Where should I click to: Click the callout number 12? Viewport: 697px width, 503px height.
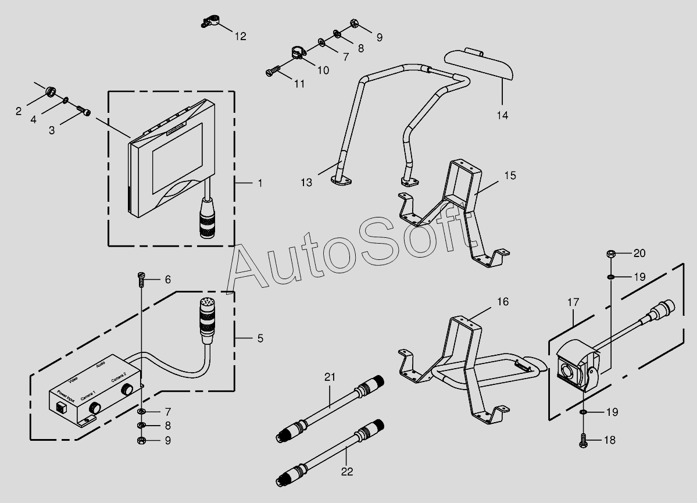[241, 37]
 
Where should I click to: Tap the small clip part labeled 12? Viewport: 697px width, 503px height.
[210, 22]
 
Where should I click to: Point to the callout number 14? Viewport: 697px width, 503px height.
[503, 115]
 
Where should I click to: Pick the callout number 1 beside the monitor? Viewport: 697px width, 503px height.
[260, 183]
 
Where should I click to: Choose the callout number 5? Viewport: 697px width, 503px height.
[260, 338]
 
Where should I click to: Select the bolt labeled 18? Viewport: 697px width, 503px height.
[583, 441]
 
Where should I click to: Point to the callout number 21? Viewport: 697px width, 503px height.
[330, 377]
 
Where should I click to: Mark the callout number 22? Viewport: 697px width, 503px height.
[347, 472]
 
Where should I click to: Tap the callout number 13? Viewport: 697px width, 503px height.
[307, 183]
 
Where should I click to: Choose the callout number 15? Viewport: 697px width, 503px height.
[510, 175]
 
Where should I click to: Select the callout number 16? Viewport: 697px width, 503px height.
[502, 301]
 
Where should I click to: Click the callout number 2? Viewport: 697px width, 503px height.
[19, 110]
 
